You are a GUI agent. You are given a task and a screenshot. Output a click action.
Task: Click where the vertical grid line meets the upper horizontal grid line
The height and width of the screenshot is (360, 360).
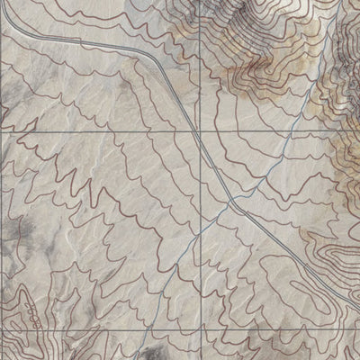tap(199, 131)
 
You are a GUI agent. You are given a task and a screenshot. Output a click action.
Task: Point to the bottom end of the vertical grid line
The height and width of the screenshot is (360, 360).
tap(199, 359)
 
